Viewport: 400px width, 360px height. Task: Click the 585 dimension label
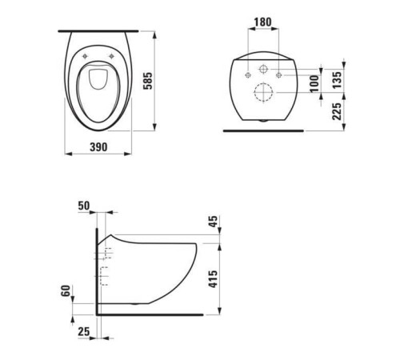148,81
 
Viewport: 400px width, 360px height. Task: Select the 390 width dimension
98,147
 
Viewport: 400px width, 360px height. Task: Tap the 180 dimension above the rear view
262,22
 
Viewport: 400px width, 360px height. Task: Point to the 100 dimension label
314,83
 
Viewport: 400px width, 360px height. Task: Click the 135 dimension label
337,80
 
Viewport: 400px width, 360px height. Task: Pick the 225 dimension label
337,111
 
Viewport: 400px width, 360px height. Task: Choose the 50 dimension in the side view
84,206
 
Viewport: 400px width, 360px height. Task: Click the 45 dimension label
213,222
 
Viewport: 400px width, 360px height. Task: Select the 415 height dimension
213,279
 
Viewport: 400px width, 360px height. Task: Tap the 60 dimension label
66,290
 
